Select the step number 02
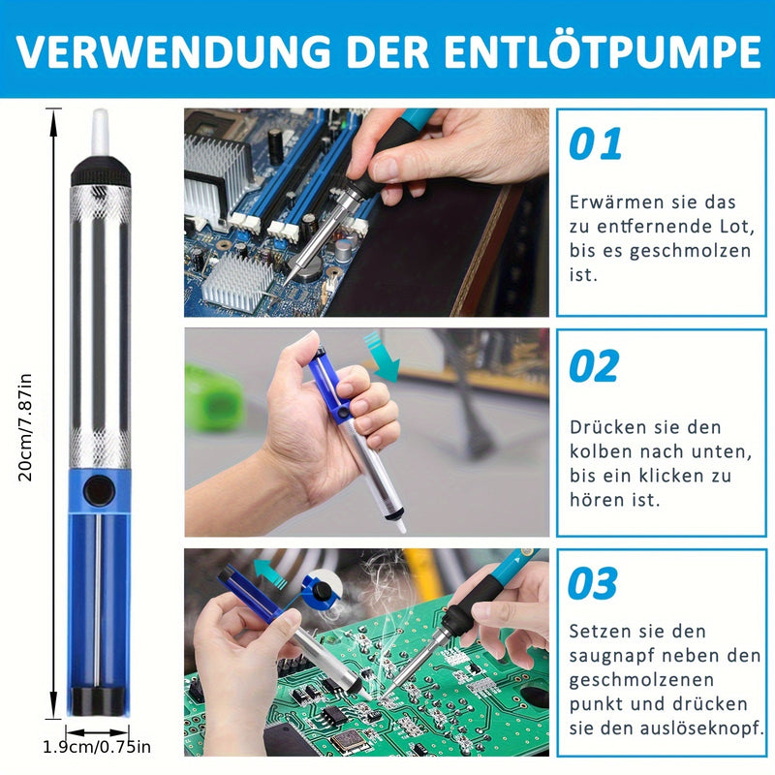[x=594, y=366]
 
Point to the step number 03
[x=592, y=584]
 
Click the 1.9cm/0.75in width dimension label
[x=97, y=747]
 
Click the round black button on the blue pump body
[x=99, y=490]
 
